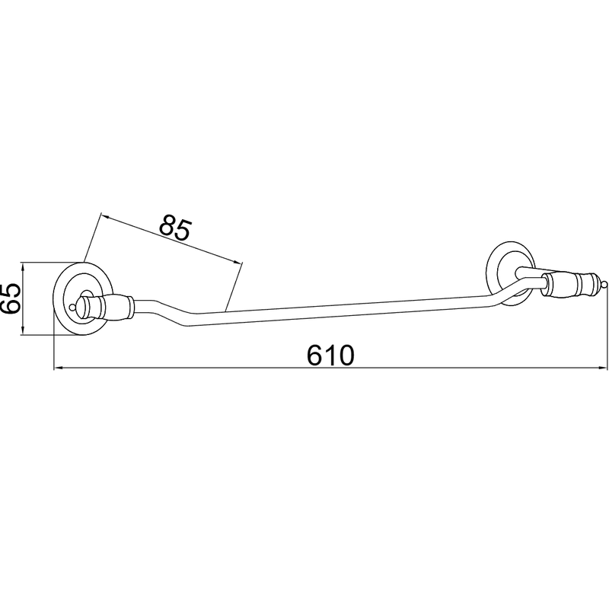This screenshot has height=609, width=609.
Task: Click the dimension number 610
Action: coord(330,356)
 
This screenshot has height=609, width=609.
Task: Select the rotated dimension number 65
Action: coord(11,298)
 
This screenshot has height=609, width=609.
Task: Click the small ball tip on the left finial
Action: coord(72,308)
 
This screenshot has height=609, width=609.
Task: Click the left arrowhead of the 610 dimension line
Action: coord(59,367)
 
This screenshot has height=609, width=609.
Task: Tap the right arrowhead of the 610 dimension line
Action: coord(602,367)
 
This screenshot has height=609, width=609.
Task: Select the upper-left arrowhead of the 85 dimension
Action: coord(105,216)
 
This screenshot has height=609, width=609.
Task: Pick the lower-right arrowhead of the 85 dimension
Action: coord(237,261)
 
